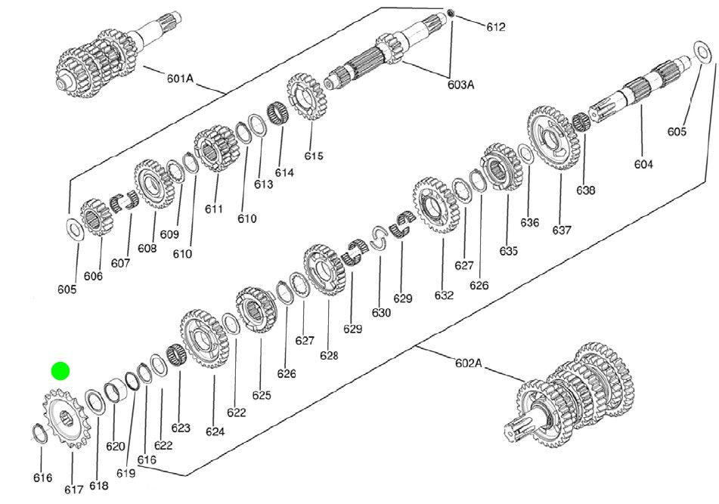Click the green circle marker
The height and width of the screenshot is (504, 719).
click(x=60, y=371)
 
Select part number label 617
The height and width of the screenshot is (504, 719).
click(x=73, y=489)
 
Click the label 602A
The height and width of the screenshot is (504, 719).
click(x=468, y=363)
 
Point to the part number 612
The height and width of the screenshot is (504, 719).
click(x=496, y=27)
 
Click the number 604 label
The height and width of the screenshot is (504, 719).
click(x=643, y=164)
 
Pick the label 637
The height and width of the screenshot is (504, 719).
click(x=562, y=230)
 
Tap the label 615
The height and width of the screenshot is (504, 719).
click(x=314, y=156)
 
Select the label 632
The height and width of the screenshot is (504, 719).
click(x=444, y=295)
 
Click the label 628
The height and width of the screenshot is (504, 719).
click(x=329, y=355)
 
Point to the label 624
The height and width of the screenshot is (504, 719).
click(x=215, y=432)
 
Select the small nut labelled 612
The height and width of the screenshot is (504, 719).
click(x=451, y=13)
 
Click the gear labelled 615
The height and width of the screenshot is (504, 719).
click(x=305, y=97)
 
